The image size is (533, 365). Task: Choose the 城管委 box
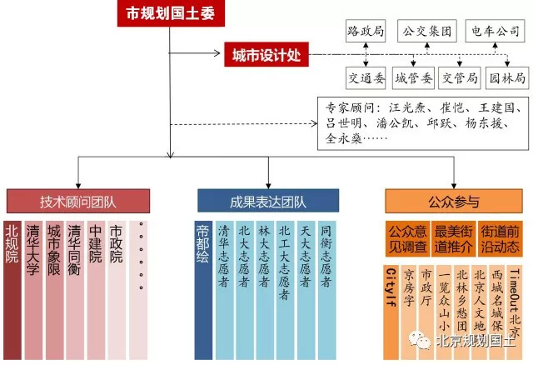414,78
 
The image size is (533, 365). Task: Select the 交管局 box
461,78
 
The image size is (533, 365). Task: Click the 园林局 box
507,78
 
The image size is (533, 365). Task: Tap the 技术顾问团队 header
78,201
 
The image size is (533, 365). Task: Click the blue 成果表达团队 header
268,201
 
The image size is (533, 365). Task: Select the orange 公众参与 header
455,201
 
